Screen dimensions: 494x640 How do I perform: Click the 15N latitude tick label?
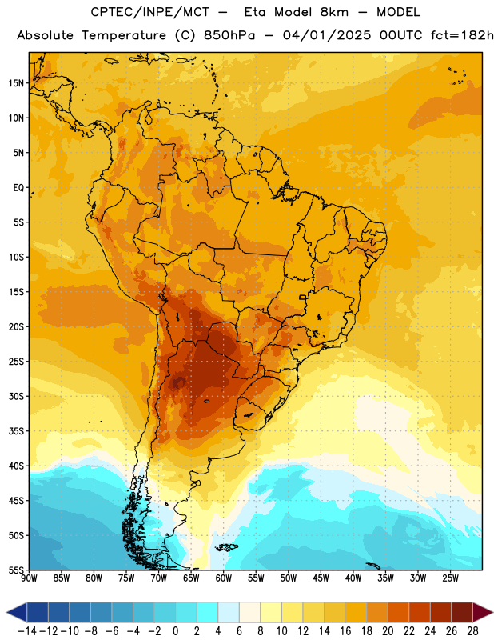coord(16,83)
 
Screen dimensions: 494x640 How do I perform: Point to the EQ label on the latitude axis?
coord(18,188)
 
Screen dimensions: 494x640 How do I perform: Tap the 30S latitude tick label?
coord(16,396)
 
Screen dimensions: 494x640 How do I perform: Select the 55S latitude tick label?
coord(16,570)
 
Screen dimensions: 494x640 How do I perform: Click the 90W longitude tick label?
coord(29,578)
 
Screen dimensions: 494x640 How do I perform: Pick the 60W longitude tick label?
coord(224,578)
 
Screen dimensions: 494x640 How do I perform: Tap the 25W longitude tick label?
coord(450,578)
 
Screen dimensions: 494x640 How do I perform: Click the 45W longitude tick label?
coord(321,578)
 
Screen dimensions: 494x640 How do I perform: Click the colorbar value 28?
coord(472,631)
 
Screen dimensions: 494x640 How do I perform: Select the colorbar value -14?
coord(27,631)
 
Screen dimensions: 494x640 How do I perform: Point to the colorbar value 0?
coord(175,631)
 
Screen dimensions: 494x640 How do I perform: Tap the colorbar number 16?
coord(345,631)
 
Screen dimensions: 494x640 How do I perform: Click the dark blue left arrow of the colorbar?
coord(17,612)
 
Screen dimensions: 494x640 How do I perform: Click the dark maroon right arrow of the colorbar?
coord(483,612)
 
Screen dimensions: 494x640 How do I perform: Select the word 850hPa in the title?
coord(229,35)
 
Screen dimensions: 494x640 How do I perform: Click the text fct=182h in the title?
coord(462,35)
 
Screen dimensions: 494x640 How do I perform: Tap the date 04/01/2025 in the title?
coord(327,35)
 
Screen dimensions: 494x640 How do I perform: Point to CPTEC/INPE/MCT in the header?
coord(149,12)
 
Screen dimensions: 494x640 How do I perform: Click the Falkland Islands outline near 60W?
coord(226,547)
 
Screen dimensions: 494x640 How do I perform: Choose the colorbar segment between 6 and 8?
coord(249,612)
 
